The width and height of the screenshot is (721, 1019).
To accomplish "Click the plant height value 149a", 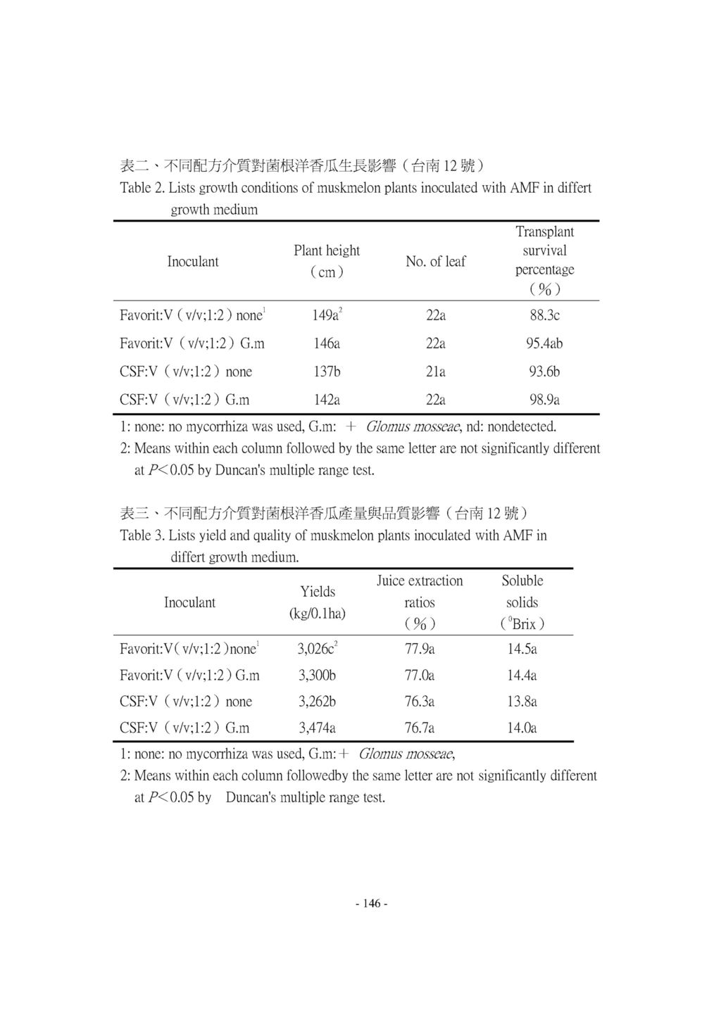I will pos(325,315).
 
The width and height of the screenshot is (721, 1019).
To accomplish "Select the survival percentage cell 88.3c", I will pos(544,315).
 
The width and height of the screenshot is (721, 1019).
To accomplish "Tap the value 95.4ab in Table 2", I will pos(544,343).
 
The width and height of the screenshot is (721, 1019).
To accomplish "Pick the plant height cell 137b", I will pos(326,372).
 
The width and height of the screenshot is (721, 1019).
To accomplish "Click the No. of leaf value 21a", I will pos(436,372).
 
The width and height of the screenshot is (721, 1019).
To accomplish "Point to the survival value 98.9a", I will pos(544,400).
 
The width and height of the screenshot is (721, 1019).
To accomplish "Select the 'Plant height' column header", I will pos(327,251).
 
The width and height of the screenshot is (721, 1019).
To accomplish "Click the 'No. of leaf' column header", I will pos(436,261).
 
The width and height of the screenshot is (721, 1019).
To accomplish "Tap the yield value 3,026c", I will pos(316,649).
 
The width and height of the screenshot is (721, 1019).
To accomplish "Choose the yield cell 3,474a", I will pos(317,728).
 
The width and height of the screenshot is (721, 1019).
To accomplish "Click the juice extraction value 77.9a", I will pos(420,649).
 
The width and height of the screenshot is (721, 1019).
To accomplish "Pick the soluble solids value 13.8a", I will pos(522,702).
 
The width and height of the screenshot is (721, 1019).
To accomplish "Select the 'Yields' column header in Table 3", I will pos(318,591).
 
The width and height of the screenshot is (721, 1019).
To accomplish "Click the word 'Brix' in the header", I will pos(524,624).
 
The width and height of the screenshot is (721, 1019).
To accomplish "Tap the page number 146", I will pos(372,904).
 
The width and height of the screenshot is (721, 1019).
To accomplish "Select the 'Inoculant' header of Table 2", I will pos(193,261).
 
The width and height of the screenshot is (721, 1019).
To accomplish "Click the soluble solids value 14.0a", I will pos(522,728).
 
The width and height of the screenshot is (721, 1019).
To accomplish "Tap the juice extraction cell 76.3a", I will pos(420,702).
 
